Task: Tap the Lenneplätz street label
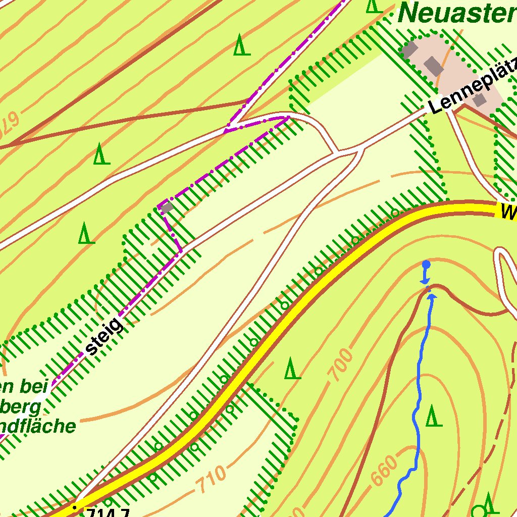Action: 472,86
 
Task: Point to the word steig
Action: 105,335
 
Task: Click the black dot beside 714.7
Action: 75,507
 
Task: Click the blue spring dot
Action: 426,264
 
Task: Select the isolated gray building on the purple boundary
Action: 166,207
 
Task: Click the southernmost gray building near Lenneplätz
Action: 480,99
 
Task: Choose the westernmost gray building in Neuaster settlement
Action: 409,50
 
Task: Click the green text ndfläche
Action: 38,426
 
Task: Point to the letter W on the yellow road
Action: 508,212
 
